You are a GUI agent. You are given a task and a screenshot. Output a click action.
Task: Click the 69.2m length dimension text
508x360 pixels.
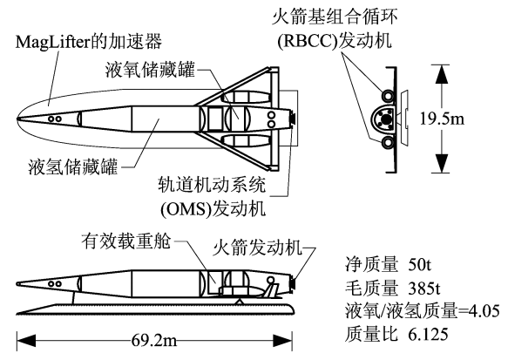[x=154, y=341]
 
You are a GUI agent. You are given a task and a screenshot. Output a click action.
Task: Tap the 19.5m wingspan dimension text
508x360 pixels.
[x=442, y=119]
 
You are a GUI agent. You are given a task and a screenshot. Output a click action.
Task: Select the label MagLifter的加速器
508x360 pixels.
[x=89, y=42]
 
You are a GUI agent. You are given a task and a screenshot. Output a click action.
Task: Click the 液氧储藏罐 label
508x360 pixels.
[x=150, y=70]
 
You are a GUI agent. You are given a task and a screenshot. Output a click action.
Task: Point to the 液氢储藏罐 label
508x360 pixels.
[x=73, y=166]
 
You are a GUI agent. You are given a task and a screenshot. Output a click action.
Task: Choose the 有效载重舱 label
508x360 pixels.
[x=125, y=241]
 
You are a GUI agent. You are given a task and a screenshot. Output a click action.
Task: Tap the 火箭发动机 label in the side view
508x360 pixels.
[x=257, y=248]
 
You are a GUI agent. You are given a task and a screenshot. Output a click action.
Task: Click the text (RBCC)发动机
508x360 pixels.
[x=335, y=41]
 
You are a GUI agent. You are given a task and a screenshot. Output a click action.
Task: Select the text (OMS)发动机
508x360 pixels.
[x=213, y=208]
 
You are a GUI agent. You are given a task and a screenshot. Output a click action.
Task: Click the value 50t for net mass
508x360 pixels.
[x=420, y=265]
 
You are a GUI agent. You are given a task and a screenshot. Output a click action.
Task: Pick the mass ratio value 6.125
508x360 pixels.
[x=428, y=334]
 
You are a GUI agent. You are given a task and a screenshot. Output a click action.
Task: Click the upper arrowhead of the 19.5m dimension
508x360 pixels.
[x=441, y=74]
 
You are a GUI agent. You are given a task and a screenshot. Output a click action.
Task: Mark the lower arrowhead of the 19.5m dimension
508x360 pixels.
[x=441, y=163]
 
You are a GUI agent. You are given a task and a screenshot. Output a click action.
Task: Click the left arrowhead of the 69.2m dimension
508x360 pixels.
[x=26, y=341]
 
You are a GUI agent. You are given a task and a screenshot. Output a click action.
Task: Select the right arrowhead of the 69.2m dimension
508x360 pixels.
[x=283, y=341]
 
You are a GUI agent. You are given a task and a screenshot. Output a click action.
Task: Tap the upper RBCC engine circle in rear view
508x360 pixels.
[x=388, y=96]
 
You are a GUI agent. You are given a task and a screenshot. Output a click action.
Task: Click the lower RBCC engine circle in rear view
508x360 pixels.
[x=388, y=142]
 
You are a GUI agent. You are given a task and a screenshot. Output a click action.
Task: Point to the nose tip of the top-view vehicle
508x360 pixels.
[x=17, y=119]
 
